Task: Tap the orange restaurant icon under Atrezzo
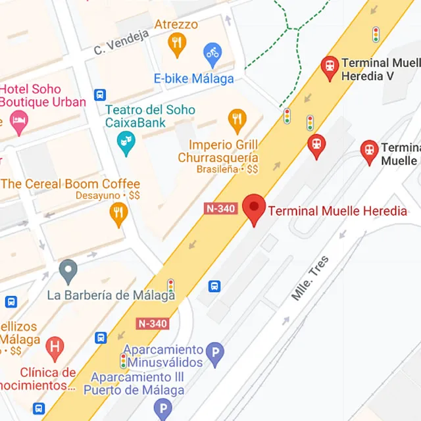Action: (176, 45)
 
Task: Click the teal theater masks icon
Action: (125, 141)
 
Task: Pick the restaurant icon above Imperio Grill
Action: (237, 120)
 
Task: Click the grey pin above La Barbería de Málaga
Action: (68, 270)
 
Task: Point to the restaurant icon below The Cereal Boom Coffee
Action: (118, 213)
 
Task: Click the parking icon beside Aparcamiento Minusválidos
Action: (214, 355)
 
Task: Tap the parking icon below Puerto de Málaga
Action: (162, 409)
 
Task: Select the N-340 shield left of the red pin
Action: (220, 209)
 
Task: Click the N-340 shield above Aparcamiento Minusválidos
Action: (153, 324)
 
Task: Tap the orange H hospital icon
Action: (56, 345)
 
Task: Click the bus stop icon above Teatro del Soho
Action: (99, 94)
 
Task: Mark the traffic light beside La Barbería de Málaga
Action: (170, 285)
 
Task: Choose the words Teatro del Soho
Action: (150, 109)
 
